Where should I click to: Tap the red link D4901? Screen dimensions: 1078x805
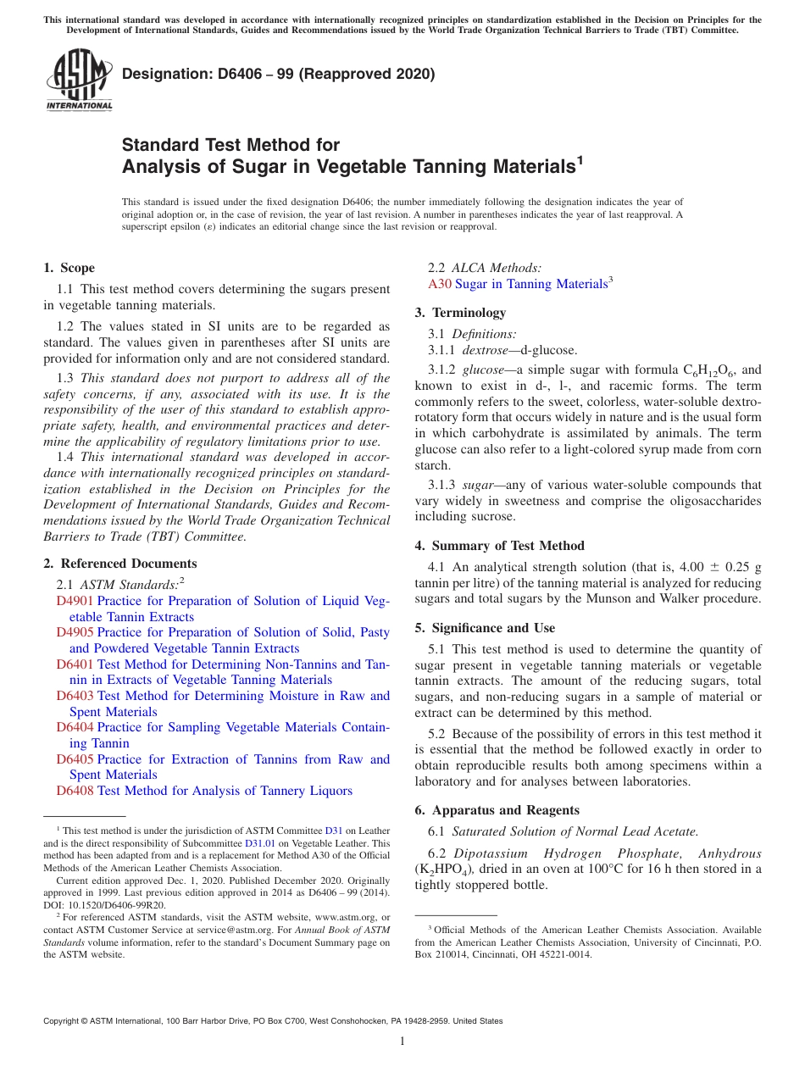(x=75, y=601)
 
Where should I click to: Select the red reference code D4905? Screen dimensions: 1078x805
(x=75, y=632)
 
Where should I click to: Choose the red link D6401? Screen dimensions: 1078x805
(x=75, y=664)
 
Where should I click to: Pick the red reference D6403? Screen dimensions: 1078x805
(x=75, y=696)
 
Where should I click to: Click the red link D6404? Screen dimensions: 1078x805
(x=75, y=727)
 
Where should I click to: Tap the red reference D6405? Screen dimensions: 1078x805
(x=75, y=759)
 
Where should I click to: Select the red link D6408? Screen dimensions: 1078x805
(x=75, y=791)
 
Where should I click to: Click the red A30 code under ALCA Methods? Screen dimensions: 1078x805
(x=440, y=284)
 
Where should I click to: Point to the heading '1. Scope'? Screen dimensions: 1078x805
(x=69, y=268)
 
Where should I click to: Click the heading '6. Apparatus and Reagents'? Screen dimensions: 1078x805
(x=497, y=810)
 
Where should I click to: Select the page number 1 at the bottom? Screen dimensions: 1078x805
(x=402, y=1042)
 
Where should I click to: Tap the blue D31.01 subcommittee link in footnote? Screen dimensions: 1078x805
(x=259, y=843)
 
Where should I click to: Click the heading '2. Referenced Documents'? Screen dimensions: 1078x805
(x=119, y=564)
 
